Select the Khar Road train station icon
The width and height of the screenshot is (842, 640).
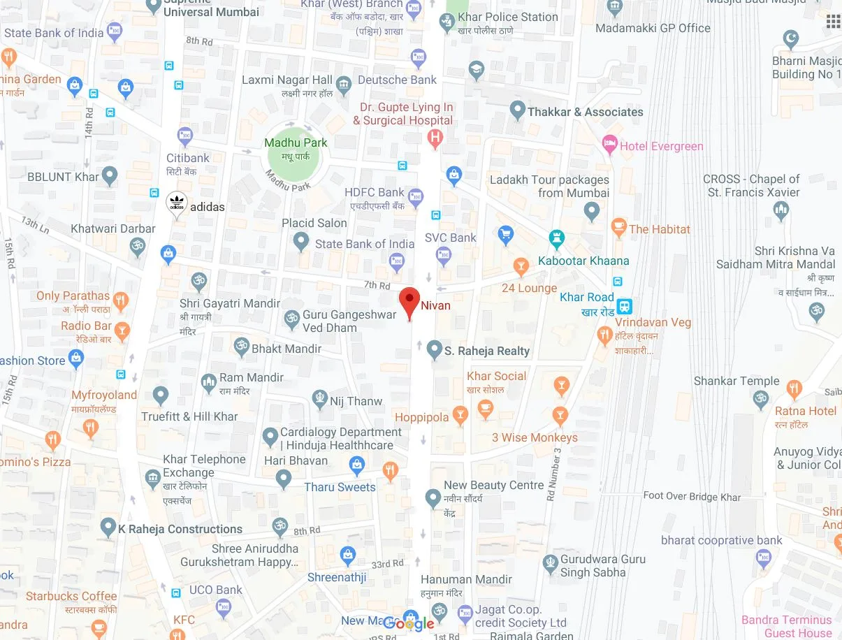pos(625,305)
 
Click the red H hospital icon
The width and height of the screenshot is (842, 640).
pos(435,138)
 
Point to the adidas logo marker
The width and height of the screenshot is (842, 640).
pos(177,204)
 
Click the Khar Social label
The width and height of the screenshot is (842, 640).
pos(496,376)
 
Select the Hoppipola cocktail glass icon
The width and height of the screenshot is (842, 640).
pos(460,416)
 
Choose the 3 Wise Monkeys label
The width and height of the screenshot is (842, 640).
pos(535,437)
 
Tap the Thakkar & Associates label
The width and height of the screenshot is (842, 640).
pos(586,112)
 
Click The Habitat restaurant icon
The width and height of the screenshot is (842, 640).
pos(618,227)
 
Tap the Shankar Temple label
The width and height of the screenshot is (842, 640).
pos(736,381)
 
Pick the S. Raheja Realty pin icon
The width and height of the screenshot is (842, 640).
pos(434,349)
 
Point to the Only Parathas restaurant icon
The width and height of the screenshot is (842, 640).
pos(121,300)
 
